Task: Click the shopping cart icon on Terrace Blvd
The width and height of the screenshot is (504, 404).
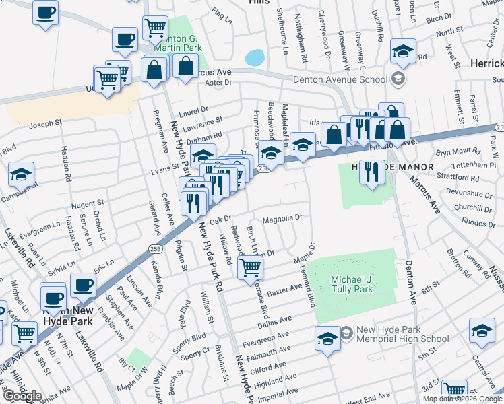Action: coord(251,267)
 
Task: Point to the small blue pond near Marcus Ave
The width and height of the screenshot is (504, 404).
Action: coord(255,58)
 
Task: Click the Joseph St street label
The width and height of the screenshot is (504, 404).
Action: coord(45,124)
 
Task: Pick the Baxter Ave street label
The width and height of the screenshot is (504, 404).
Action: coord(285,290)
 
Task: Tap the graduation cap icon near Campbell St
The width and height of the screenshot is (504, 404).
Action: coord(21,174)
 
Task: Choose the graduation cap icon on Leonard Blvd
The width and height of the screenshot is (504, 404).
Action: coord(327,338)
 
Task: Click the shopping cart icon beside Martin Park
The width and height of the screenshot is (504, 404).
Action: coord(156,28)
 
